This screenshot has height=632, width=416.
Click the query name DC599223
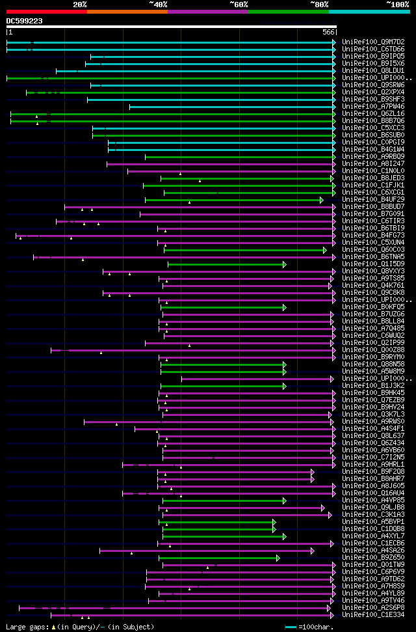[25, 21]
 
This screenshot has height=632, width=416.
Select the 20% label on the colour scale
[80, 4]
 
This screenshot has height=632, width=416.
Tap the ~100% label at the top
[397, 4]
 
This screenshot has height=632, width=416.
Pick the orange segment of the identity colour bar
[127, 12]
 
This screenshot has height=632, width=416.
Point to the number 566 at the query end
[328, 32]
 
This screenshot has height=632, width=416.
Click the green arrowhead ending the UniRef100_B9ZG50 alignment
[278, 558]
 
